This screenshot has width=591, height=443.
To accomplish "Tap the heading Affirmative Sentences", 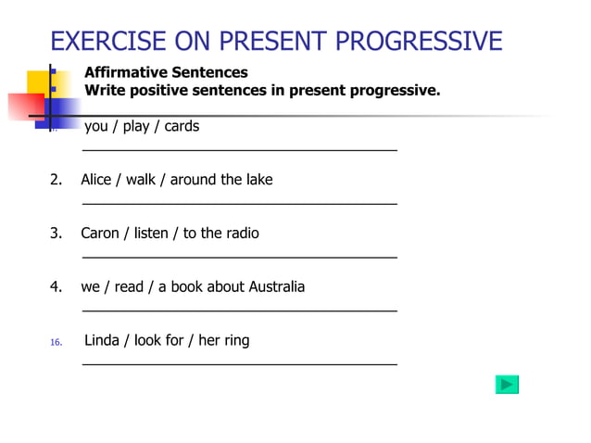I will point(166,71).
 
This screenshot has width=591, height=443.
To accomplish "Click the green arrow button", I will point(507,385).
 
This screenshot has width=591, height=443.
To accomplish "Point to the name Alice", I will point(98,179).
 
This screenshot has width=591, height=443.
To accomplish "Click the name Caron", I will point(101,233).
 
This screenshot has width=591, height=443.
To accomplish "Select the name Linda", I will point(103,340).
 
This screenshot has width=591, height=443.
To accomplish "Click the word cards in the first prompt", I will point(182,126).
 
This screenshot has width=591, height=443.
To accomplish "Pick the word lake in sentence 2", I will point(258,179).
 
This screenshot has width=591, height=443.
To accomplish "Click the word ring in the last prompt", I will point(236,340).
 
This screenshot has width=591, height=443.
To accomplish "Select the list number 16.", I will point(56,342).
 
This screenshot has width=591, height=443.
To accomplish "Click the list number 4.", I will point(56,286).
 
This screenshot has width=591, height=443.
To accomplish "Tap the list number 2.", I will point(56,179).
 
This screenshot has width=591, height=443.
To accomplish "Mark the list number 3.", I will point(56,233).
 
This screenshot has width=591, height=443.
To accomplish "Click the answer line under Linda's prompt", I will point(240,364).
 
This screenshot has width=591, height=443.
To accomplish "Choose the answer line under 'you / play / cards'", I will point(240,149).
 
